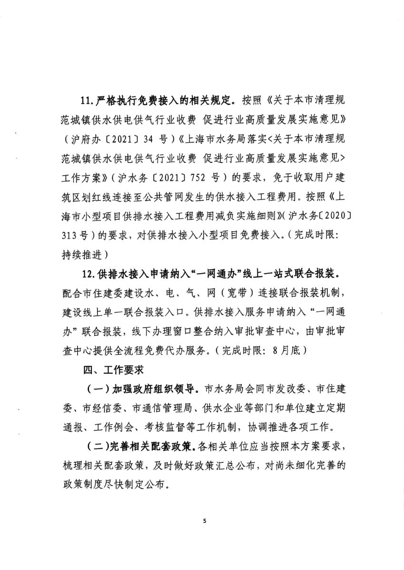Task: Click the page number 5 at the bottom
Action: click(x=205, y=521)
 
